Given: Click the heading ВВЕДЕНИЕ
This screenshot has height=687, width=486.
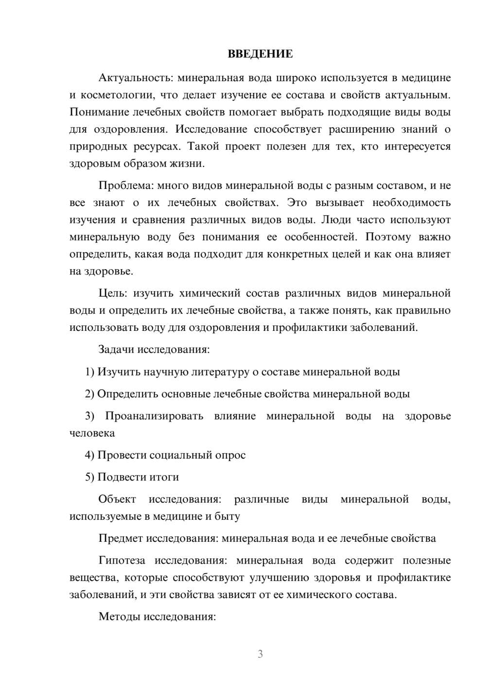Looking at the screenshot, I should coord(260,54).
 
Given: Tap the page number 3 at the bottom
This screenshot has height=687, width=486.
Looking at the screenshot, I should coord(260,654).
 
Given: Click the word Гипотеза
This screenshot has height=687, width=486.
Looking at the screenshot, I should coord(121,560).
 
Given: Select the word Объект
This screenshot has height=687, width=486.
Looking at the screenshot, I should coord(117,499).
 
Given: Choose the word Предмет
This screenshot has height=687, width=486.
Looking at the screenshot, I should coord(121,538).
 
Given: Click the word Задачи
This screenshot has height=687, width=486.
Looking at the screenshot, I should coord(117,349).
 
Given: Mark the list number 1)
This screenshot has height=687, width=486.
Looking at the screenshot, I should coord(90,372).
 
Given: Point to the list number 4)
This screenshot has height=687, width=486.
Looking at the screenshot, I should coord(90,455).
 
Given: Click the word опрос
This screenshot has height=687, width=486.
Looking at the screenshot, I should coord(230,455).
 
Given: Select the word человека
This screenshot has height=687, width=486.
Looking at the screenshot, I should coord(92,433).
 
